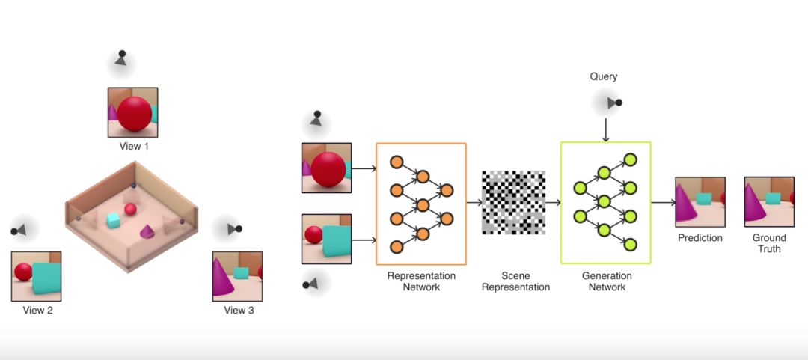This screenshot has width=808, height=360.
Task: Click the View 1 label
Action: [134, 146]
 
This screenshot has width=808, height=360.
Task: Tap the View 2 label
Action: [37, 310]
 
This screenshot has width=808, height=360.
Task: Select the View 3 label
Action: [239, 310]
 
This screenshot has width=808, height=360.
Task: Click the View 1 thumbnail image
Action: [133, 112]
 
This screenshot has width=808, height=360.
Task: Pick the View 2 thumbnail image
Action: [37, 276]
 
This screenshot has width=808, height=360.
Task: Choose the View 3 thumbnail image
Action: [237, 276]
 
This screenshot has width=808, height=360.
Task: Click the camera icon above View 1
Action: [120, 59]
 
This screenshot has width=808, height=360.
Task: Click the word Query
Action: [604, 76]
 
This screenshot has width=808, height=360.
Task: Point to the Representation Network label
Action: [421, 281]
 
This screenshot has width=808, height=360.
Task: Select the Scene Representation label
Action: [515, 281]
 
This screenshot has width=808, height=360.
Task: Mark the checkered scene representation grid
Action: [513, 202]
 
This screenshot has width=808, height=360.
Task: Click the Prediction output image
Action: [700, 201]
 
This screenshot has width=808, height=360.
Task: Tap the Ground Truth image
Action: [768, 201]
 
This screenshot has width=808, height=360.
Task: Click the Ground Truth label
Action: [769, 243]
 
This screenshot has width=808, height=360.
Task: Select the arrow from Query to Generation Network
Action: [606, 129]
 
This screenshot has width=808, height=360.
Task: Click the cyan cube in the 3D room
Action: [113, 220]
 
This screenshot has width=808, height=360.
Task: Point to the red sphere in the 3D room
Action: [131, 209]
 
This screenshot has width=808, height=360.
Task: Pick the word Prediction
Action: [700, 238]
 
